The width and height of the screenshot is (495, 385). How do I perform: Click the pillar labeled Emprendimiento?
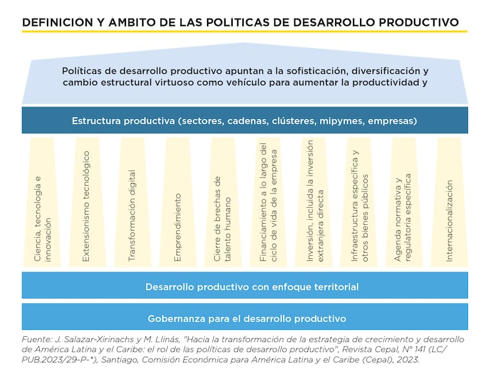coord(178,202)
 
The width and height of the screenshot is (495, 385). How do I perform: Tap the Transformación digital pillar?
coord(132,202)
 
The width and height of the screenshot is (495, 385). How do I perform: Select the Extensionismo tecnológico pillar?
coord(87,202)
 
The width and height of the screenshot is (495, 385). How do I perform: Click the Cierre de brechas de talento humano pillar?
coord(222,202)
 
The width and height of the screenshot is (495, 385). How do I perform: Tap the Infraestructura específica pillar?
coord(359,202)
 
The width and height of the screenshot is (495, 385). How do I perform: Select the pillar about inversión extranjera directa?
coord(314,202)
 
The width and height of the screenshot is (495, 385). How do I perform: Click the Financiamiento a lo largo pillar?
coord(268,202)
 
